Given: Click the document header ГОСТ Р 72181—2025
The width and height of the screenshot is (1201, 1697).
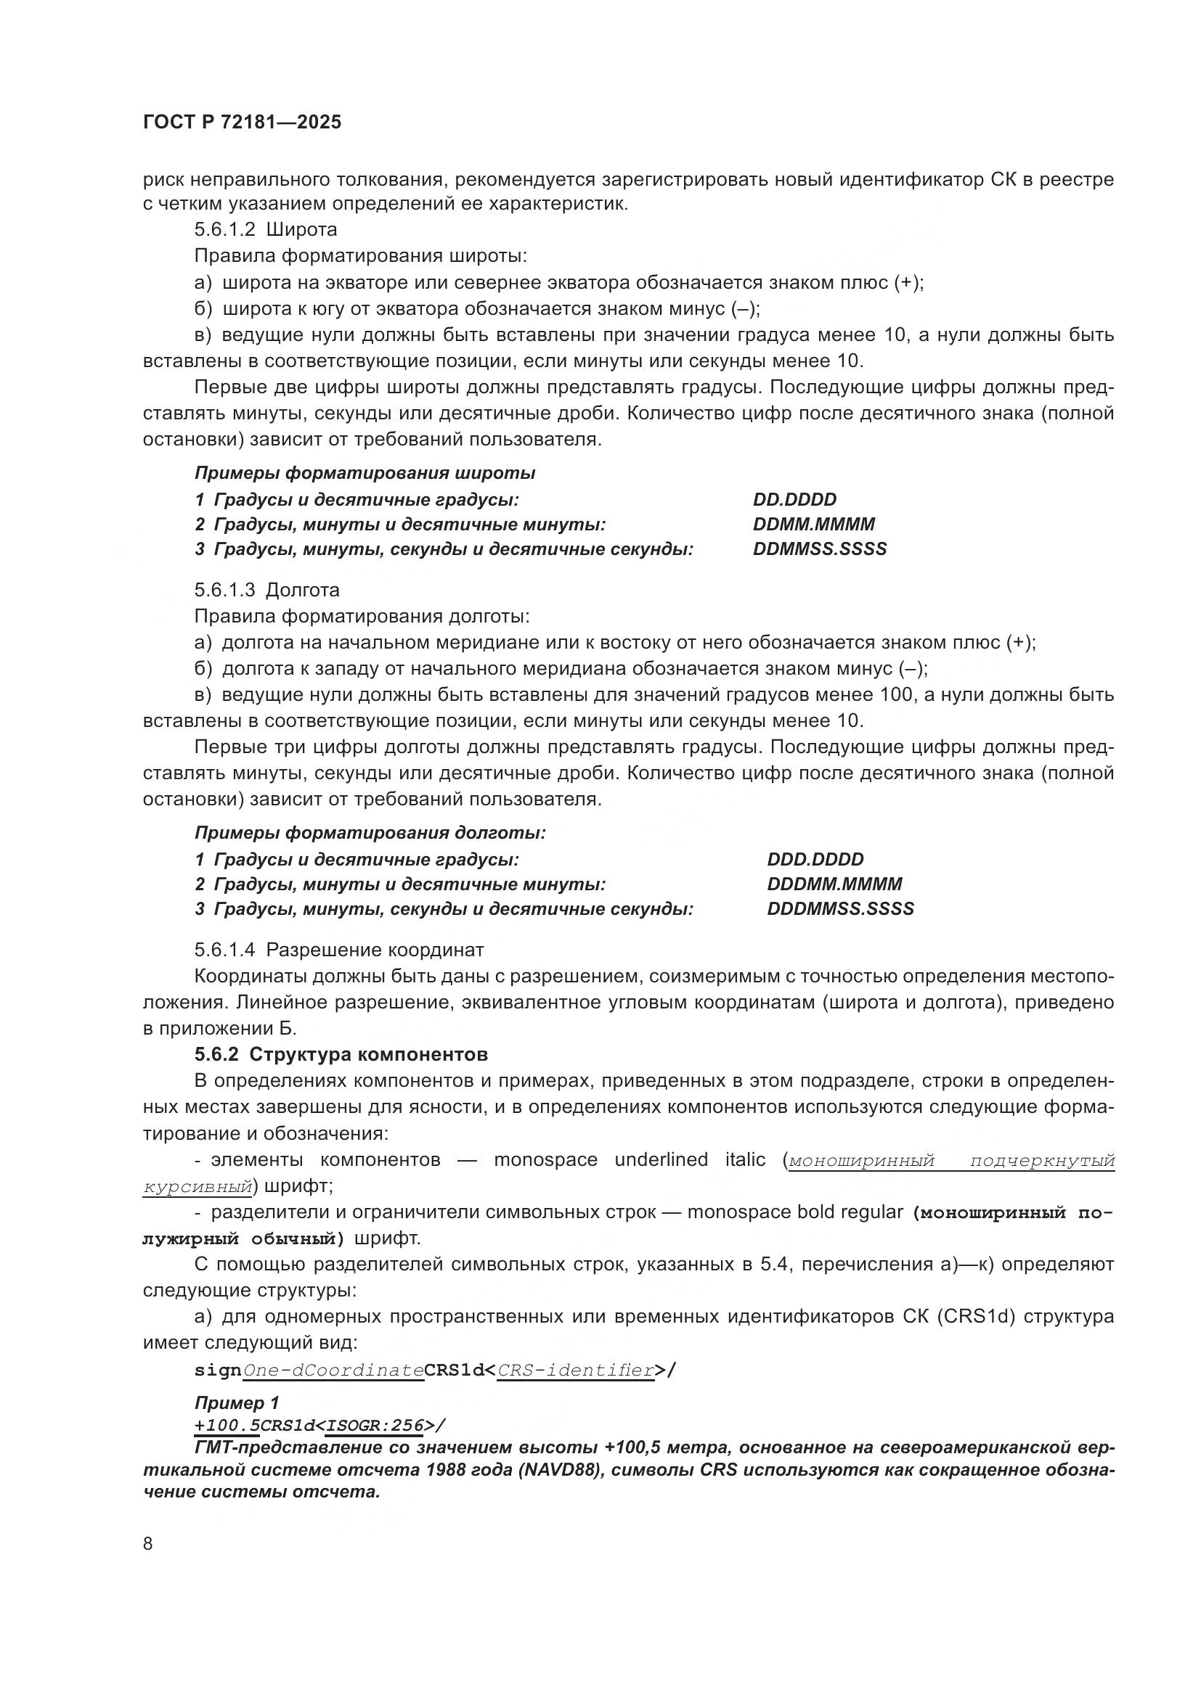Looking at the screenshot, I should pyautogui.click(x=242, y=123).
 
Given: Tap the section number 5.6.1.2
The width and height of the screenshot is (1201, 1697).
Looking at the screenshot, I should pyautogui.click(x=225, y=230).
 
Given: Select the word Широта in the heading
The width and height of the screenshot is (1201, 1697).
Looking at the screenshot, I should pyautogui.click(x=301, y=230).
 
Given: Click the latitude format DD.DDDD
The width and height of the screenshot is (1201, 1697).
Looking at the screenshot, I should pyautogui.click(x=794, y=500).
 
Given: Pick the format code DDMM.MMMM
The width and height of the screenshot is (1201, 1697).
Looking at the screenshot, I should pyautogui.click(x=813, y=525).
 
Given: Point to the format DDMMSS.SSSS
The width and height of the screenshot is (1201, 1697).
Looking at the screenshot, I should pyautogui.click(x=819, y=549).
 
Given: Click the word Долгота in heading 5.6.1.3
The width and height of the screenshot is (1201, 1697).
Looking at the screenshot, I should pyautogui.click(x=303, y=590).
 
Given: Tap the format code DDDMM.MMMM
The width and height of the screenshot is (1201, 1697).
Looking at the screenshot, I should pyautogui.click(x=834, y=884).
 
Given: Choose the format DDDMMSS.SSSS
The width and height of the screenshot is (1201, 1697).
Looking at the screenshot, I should pyautogui.click(x=840, y=909).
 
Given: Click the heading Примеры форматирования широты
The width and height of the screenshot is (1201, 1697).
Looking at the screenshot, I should pyautogui.click(x=365, y=473).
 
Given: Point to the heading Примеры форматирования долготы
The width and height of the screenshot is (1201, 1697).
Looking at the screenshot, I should pyautogui.click(x=370, y=833).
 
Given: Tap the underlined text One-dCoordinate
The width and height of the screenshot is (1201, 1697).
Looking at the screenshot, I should pyautogui.click(x=333, y=1371).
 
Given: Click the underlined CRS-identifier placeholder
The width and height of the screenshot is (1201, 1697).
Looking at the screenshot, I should pyautogui.click(x=575, y=1371).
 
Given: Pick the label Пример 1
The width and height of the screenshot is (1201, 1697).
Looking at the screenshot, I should pyautogui.click(x=237, y=1403).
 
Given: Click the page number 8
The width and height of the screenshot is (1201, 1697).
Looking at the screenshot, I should pyautogui.click(x=148, y=1544).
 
